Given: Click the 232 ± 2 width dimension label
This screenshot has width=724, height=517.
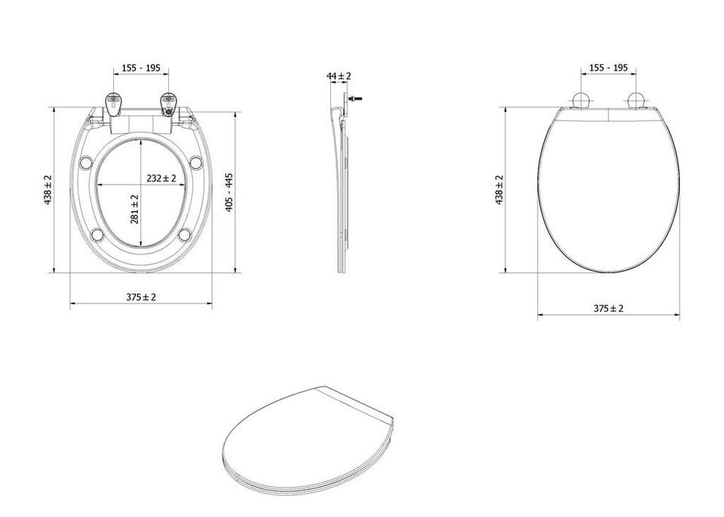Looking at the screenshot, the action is tap(161, 178).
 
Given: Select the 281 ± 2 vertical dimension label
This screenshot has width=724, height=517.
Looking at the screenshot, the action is tap(135, 209).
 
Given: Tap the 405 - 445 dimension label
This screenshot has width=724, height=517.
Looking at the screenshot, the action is tap(229, 192).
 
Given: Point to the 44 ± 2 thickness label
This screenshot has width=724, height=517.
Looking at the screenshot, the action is tap(339, 75).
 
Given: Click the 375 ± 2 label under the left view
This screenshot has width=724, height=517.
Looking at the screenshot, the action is tap(141, 297).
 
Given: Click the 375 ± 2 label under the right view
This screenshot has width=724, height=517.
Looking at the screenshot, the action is tap(608, 309).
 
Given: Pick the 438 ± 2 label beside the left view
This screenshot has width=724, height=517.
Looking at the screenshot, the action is tap(48, 190).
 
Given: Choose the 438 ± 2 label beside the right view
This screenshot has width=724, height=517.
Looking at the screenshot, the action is tap(499, 190).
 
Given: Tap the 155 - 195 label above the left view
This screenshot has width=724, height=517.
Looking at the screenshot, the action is tap(141, 68).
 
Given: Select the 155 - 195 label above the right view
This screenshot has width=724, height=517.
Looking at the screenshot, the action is tap(608, 68).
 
